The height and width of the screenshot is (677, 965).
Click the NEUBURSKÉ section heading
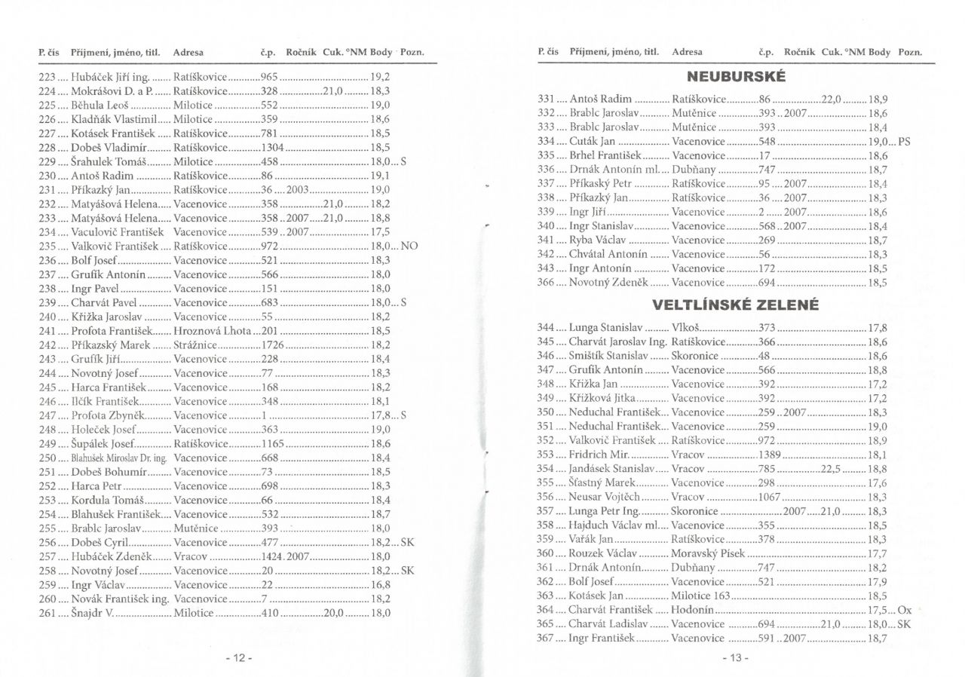pos(737,77)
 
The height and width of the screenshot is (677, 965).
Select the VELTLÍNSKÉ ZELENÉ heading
pos(736,306)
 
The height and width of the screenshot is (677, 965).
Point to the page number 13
pos(735,658)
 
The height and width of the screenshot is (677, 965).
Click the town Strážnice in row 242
pos(196,344)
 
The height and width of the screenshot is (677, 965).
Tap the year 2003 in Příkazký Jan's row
pos(298,188)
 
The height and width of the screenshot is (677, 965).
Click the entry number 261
pos(48,613)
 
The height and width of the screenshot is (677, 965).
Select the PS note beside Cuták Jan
pos(905,140)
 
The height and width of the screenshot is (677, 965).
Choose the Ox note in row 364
pos(905,609)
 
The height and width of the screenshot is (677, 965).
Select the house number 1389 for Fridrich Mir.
pos(770,455)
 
